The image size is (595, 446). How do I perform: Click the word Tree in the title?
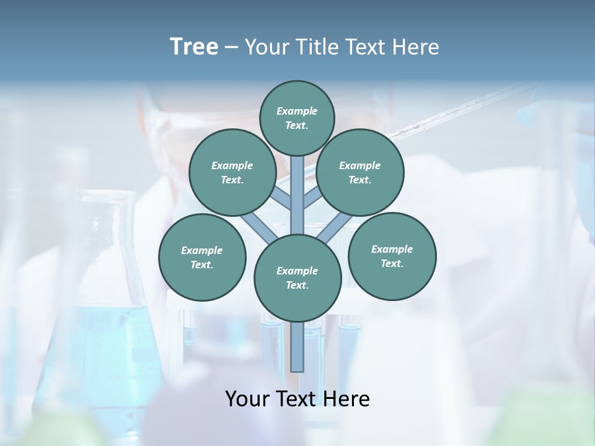pos(194,47)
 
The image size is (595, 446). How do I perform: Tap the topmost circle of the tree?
pos(297,118)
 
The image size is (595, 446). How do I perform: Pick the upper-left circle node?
pos(232,172)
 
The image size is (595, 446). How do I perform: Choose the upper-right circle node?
pos(360,172)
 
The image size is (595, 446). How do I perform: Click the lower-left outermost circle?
pos(202,257)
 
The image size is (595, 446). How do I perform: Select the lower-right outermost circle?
pos(392,256)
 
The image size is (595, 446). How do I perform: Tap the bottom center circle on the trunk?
pos(297,278)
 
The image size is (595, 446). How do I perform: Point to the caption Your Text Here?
pos(297,399)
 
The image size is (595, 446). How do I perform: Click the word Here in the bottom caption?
pos(346,399)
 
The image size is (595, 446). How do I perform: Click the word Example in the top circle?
pos(297,111)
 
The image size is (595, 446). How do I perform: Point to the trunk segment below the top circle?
pos(297,186)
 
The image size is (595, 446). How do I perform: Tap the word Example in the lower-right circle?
pos(392,249)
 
